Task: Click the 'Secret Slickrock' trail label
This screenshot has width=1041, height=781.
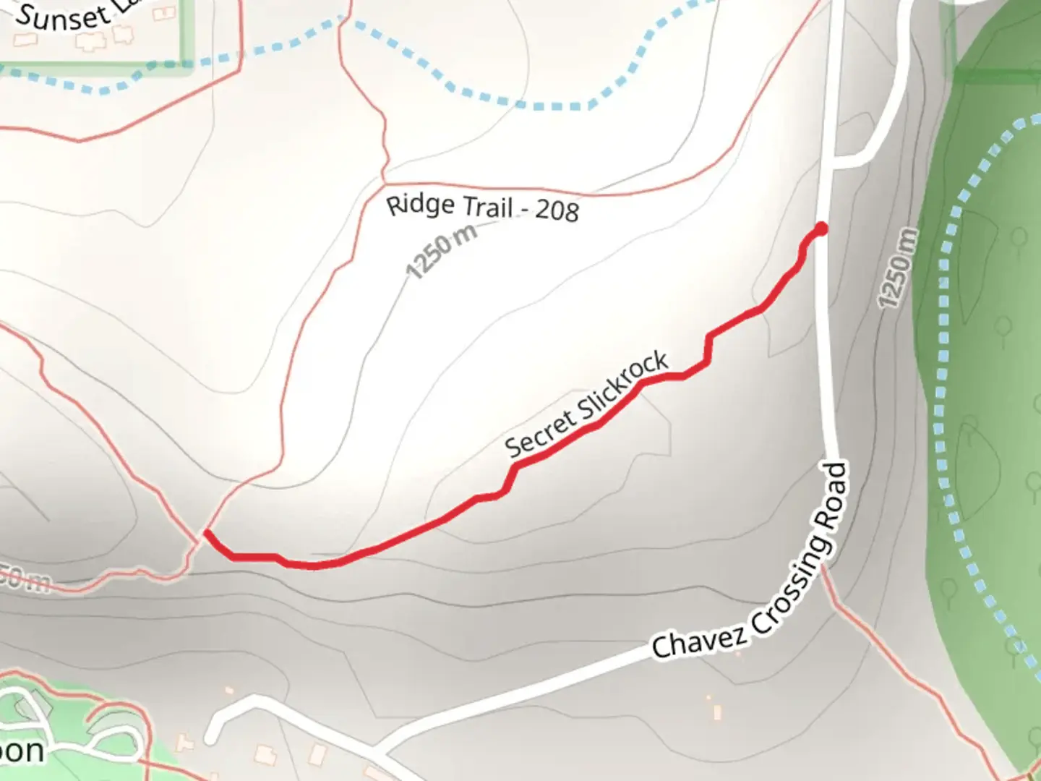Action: pyautogui.click(x=586, y=404)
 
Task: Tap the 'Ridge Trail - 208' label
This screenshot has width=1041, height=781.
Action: pyautogui.click(x=482, y=207)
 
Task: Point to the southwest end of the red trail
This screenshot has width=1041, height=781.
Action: pyautogui.click(x=207, y=534)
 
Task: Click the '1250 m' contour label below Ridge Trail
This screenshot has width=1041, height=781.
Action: pyautogui.click(x=442, y=251)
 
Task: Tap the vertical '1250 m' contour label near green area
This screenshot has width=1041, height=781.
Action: pyautogui.click(x=898, y=268)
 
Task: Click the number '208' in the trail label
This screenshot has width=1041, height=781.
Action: pyautogui.click(x=557, y=210)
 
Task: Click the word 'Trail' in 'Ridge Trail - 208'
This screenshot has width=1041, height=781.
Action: pyautogui.click(x=487, y=208)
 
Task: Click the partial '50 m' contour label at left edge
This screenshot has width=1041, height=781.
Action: pyautogui.click(x=25, y=579)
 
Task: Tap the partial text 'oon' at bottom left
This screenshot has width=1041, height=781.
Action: pyautogui.click(x=22, y=751)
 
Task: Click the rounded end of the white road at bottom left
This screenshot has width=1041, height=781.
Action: pyautogui.click(x=211, y=738)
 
